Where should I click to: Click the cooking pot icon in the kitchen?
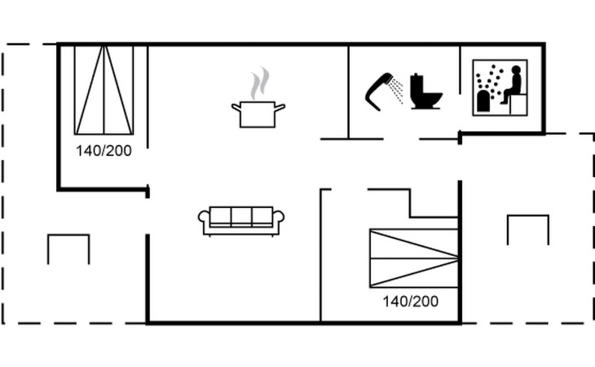click(x=258, y=114)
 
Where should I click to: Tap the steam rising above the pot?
click(x=259, y=83)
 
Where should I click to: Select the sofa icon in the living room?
click(x=241, y=220)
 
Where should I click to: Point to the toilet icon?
click(x=425, y=92)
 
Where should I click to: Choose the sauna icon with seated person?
click(x=500, y=88)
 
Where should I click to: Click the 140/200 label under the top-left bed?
click(x=104, y=150)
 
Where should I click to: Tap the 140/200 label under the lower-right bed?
click(x=410, y=301)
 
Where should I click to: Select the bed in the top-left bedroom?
click(x=104, y=90)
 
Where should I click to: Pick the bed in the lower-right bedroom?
click(x=413, y=258)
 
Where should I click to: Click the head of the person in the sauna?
click(x=515, y=72)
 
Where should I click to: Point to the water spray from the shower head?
click(x=396, y=91)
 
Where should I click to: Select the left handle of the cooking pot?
click(x=236, y=106)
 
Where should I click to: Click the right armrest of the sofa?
click(x=278, y=219)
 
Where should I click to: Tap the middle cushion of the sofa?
click(x=241, y=217)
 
